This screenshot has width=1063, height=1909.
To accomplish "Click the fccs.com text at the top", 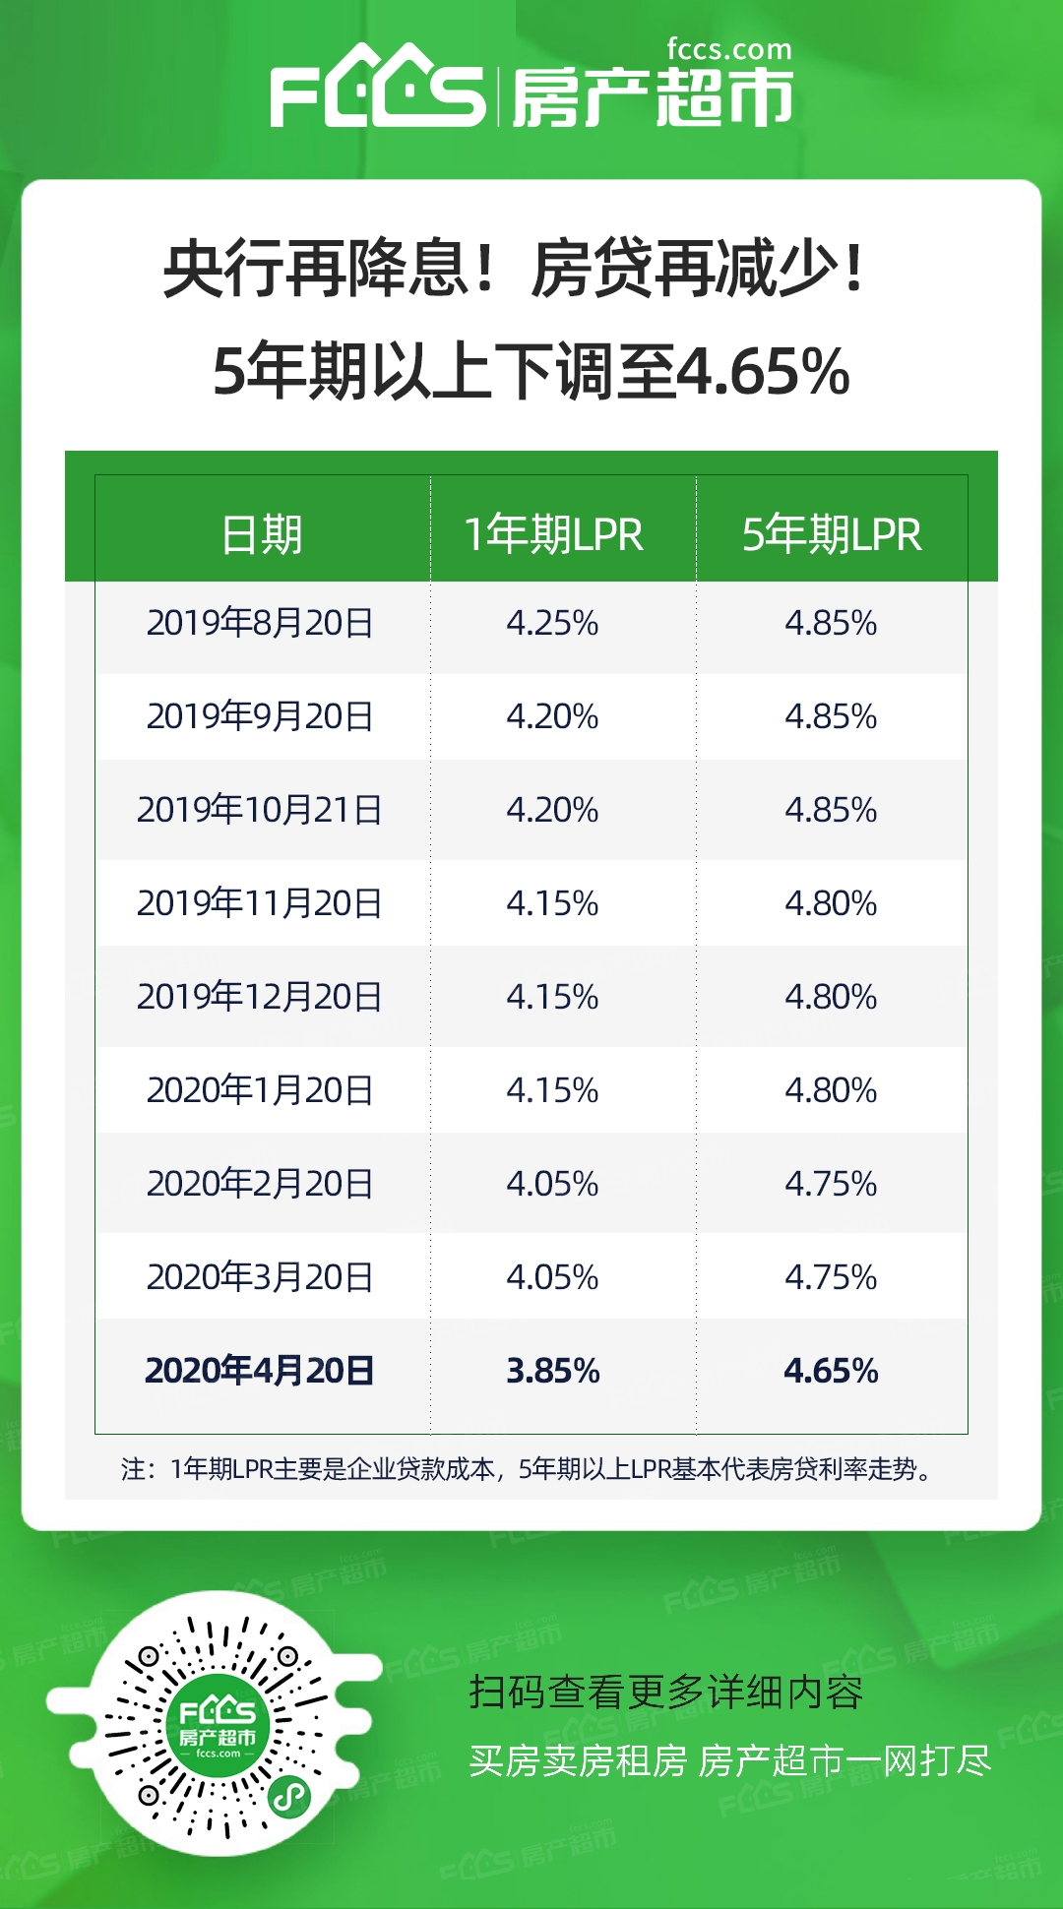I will pos(728,49).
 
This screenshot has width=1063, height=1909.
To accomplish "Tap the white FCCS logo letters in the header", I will pos(378,92).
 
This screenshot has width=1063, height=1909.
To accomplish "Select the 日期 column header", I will pos(261,534).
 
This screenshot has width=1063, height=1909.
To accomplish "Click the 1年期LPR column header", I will pos(553,534).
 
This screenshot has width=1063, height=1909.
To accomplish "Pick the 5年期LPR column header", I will pos(832,534).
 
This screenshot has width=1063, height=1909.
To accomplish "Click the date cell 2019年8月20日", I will pos(260,623).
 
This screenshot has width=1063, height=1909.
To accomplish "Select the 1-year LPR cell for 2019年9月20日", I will pos(552,716).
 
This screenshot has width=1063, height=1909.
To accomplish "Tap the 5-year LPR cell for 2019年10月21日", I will pos(831,810).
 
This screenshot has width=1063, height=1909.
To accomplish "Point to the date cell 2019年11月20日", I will pos(260,903).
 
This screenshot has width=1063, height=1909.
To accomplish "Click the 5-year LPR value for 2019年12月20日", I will pos(831,997).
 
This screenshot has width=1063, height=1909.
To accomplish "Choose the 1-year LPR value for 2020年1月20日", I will pos(552,1090).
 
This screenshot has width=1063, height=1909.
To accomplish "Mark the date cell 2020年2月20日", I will pos(260,1184).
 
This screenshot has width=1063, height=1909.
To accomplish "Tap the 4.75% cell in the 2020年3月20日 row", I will pos(831,1277).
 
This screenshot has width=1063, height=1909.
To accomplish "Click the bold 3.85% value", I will pos(552,1371).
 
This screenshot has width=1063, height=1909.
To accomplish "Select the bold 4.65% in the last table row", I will pos(831,1371).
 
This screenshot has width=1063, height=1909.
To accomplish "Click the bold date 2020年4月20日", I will pos(260,1371).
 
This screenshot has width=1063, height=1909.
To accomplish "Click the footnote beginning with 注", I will pos(527,1469).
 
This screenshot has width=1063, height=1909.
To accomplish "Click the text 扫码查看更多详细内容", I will pos(666,1693).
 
